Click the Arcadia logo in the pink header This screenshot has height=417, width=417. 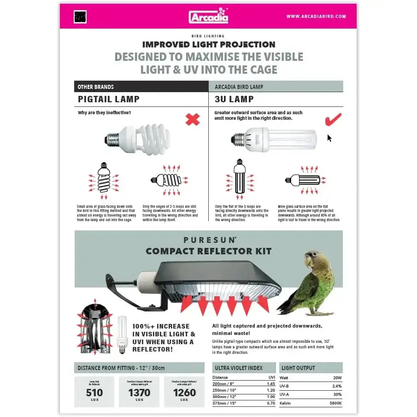click(208, 16)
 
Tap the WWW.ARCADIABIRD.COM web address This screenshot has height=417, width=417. click(316, 17)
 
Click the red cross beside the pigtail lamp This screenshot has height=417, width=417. click(193, 120)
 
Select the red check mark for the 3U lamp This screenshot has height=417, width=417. click(333, 119)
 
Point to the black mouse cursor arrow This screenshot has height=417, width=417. click(329, 138)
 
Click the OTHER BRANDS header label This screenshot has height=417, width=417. click(95, 87)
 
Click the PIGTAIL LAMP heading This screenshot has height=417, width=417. click(109, 99)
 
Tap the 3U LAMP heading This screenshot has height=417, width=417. click(234, 99)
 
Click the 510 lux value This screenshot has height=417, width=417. click(94, 393)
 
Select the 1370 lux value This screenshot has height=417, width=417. click(139, 393)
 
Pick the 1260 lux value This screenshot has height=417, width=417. click(184, 393)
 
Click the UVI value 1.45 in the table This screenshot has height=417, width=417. click(271, 383)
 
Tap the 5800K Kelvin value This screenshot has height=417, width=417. click(335, 403)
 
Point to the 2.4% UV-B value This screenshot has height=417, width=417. click(337, 386)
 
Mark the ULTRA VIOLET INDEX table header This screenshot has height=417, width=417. click(239, 368)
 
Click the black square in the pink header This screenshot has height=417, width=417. click(80, 17)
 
